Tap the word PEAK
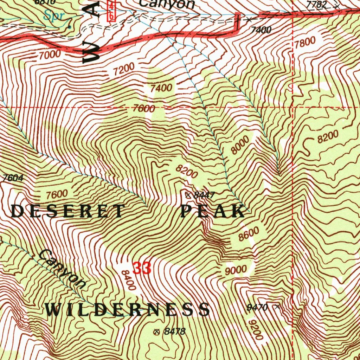coord(212,211)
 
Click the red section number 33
coord(142,269)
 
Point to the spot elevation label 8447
coord(204,195)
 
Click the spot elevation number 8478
coord(174,331)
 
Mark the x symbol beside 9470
coord(278,307)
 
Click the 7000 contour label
coord(50,55)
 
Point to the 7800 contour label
coord(305,43)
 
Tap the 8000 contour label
coord(240,145)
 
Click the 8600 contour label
coord(249,234)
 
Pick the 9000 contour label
coord(236,270)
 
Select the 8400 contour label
coord(128,280)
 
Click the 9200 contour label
coord(255,330)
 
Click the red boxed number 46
coord(111,10)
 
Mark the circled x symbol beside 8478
coord(157,332)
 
